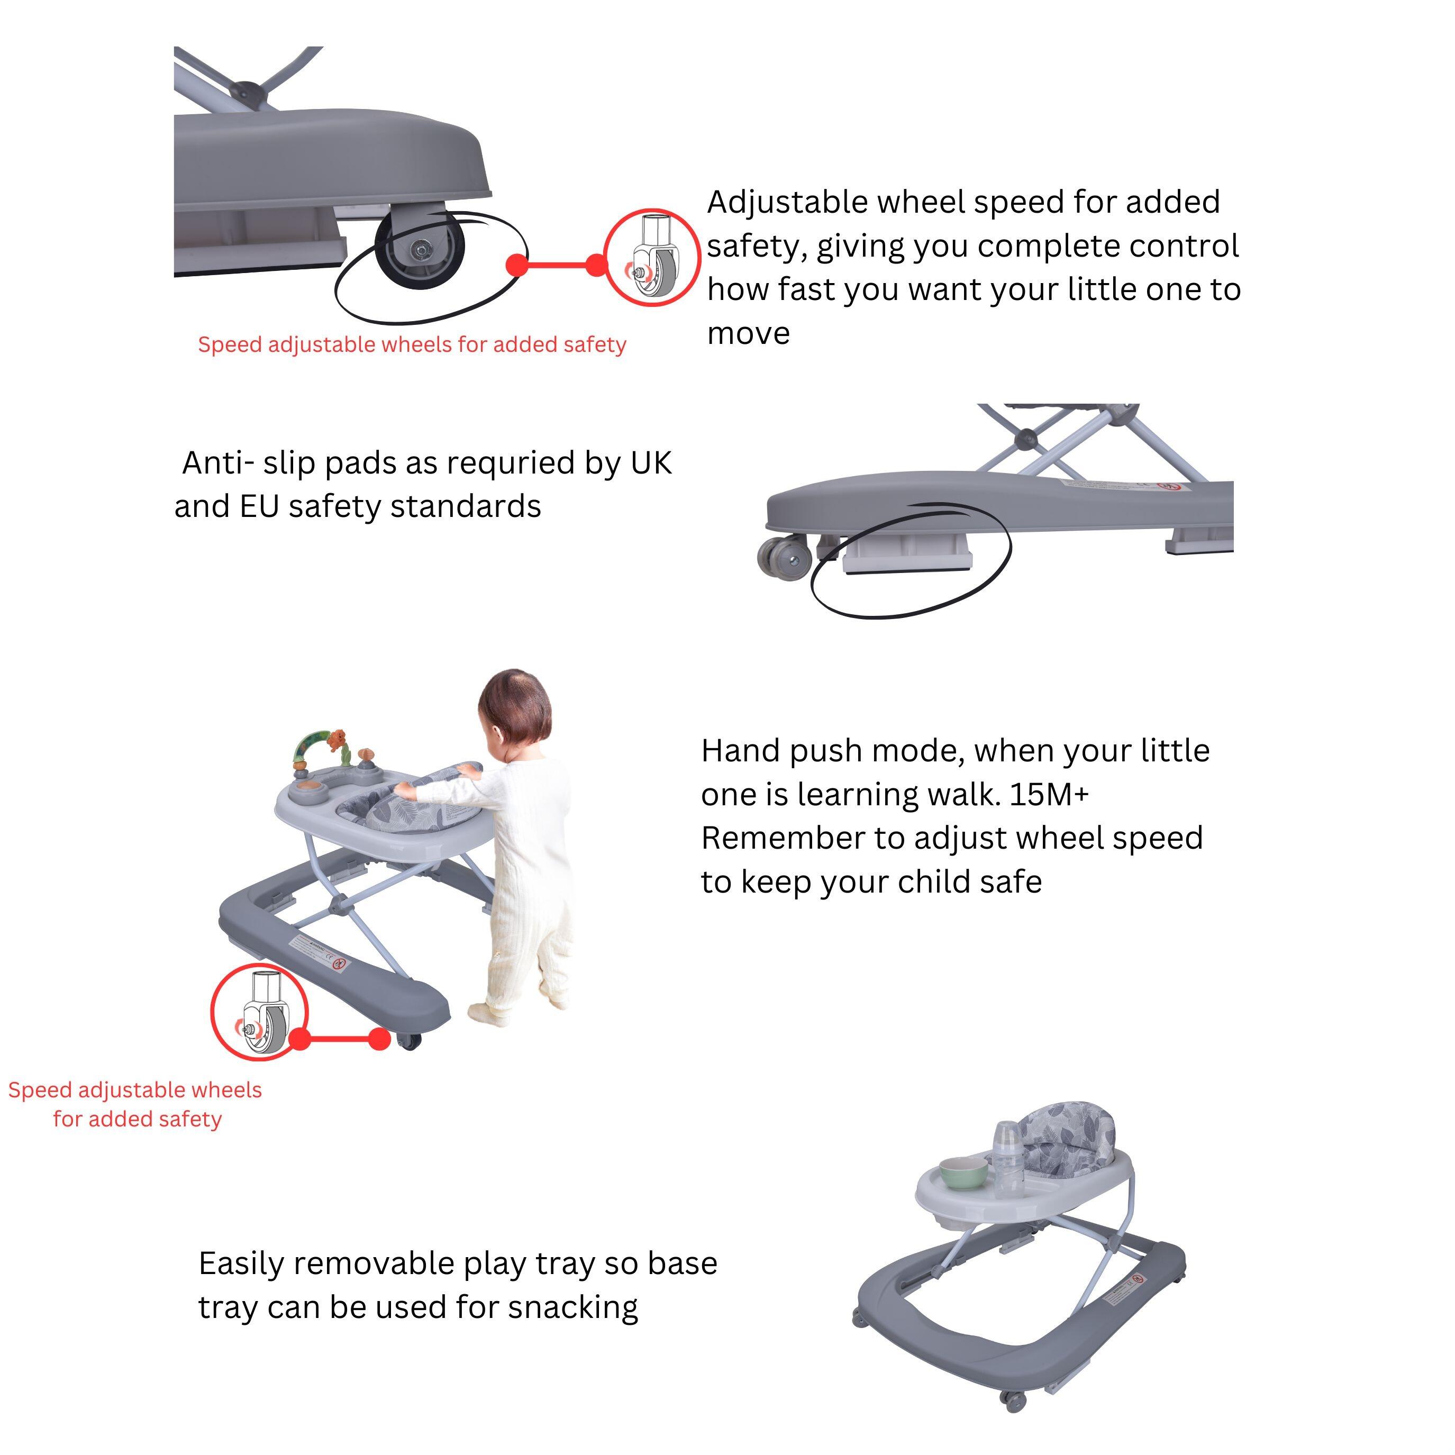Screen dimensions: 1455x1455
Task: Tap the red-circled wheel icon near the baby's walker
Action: tap(260, 1012)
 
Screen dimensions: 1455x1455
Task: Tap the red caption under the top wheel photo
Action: tap(412, 345)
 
